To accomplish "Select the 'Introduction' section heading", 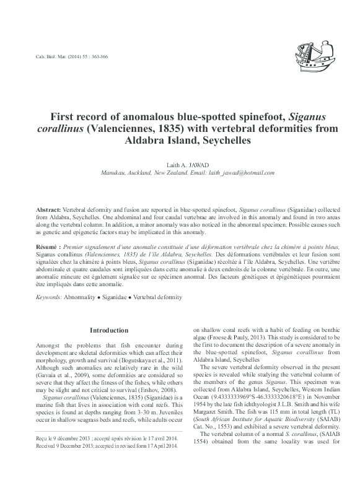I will [x=109, y=330].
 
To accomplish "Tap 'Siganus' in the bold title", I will [x=309, y=118].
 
